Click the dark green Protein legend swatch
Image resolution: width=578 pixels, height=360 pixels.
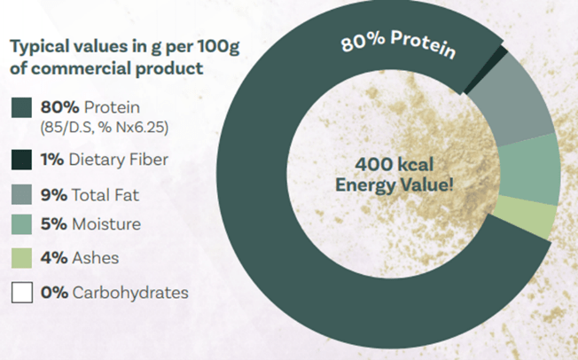pos(21,107)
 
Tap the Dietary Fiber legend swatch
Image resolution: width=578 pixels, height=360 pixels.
pos(21,160)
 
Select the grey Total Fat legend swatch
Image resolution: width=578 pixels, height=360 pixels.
pos(21,194)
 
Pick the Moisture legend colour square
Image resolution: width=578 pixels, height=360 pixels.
pos(21,224)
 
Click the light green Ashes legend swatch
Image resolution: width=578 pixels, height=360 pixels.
pos(21,258)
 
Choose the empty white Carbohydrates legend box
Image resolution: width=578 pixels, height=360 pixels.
pos(22,293)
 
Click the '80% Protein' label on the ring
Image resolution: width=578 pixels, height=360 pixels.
pos(398,44)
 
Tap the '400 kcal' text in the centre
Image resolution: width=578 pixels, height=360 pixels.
pos(394,164)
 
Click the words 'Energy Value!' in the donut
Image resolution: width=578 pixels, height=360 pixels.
pos(394,184)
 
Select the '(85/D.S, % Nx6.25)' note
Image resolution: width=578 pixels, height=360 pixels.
pos(105,128)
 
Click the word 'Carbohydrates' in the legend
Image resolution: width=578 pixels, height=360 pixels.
pos(130,293)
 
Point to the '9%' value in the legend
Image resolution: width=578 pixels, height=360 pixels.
pos(54,195)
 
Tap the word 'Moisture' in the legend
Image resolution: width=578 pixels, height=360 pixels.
pos(106,224)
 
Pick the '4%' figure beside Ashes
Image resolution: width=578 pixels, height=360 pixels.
pos(54,258)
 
